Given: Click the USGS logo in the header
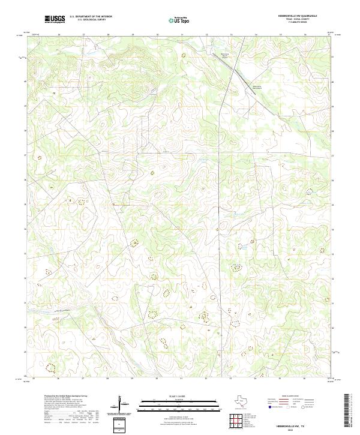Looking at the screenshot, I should coord(55,19).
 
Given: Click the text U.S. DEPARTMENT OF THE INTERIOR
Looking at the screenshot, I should coord(91,17).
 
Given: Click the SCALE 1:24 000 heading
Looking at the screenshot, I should coord(180,396).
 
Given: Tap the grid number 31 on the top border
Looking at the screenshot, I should coord(182,35).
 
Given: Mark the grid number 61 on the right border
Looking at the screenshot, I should coord(333,56).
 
